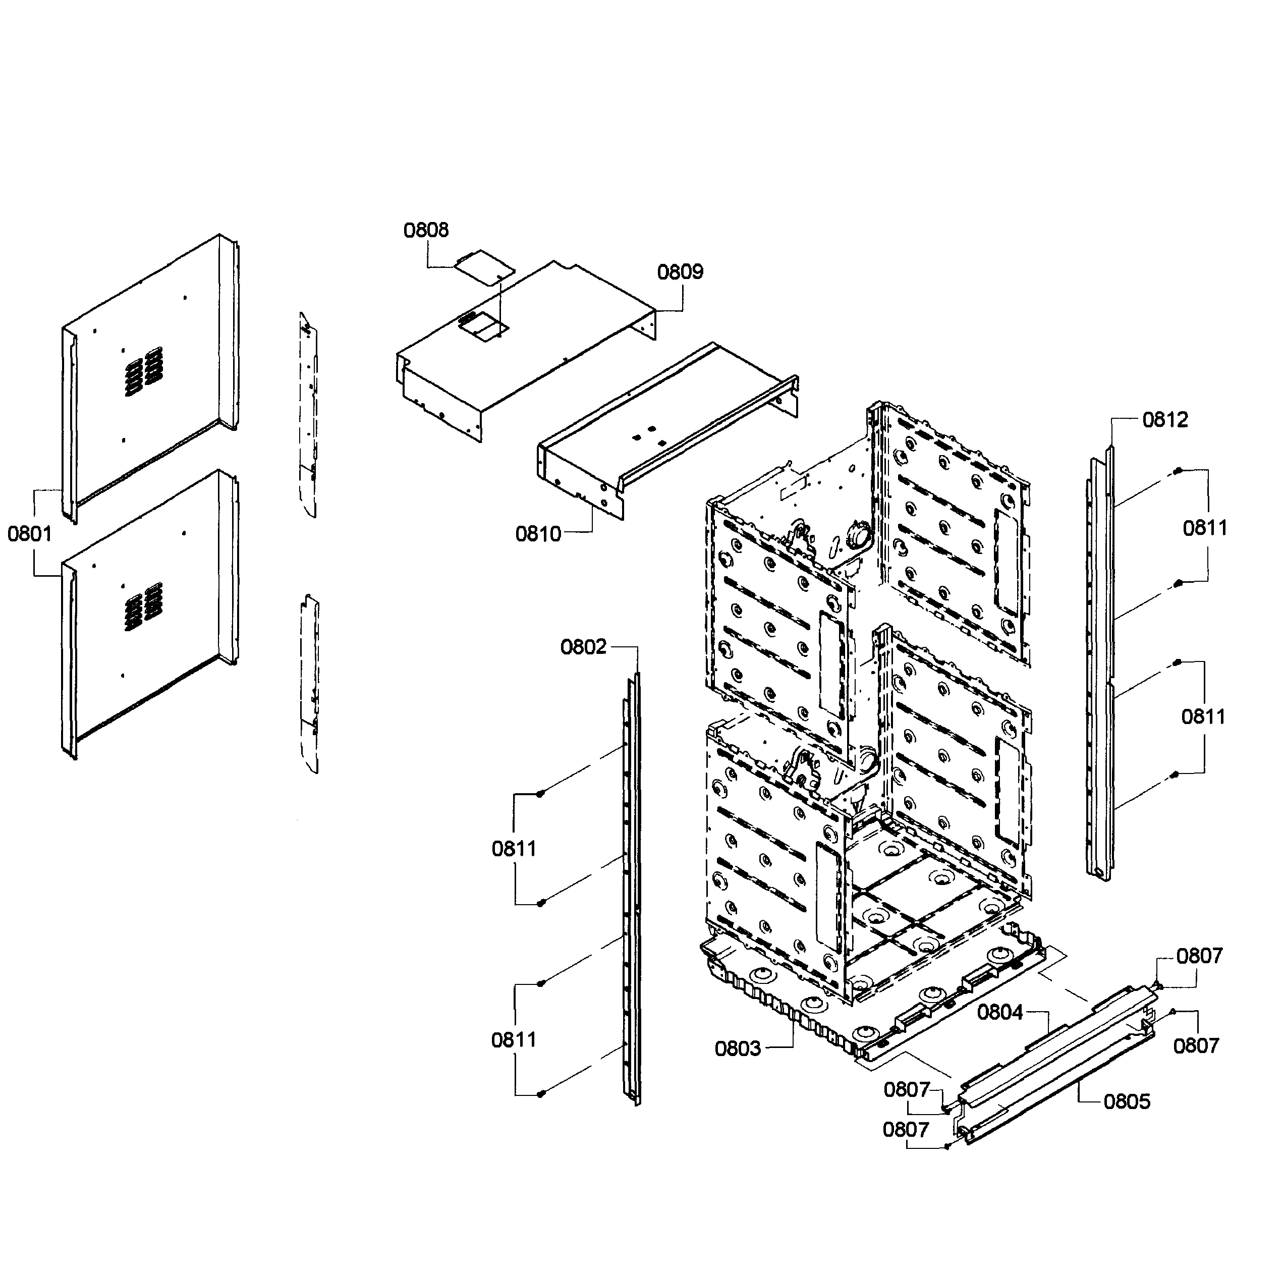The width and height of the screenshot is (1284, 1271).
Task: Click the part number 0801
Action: [x=29, y=533]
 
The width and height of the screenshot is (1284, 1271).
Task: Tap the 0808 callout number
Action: [x=426, y=230]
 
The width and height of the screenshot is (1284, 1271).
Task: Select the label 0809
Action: [x=680, y=272]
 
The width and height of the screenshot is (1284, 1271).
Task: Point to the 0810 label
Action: [x=538, y=534]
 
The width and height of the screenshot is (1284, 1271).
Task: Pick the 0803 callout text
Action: [x=737, y=1048]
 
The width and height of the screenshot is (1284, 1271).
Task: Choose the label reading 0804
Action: [x=999, y=1013]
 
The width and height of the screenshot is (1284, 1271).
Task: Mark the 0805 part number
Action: [x=1127, y=1101]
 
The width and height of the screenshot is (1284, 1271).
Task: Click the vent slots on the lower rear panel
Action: [x=144, y=606]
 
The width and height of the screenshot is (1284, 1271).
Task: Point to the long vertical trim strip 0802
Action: [x=633, y=891]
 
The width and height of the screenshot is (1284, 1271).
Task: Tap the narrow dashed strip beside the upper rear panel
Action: [x=308, y=415]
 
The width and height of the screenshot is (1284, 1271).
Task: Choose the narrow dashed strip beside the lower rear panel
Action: [x=310, y=685]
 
